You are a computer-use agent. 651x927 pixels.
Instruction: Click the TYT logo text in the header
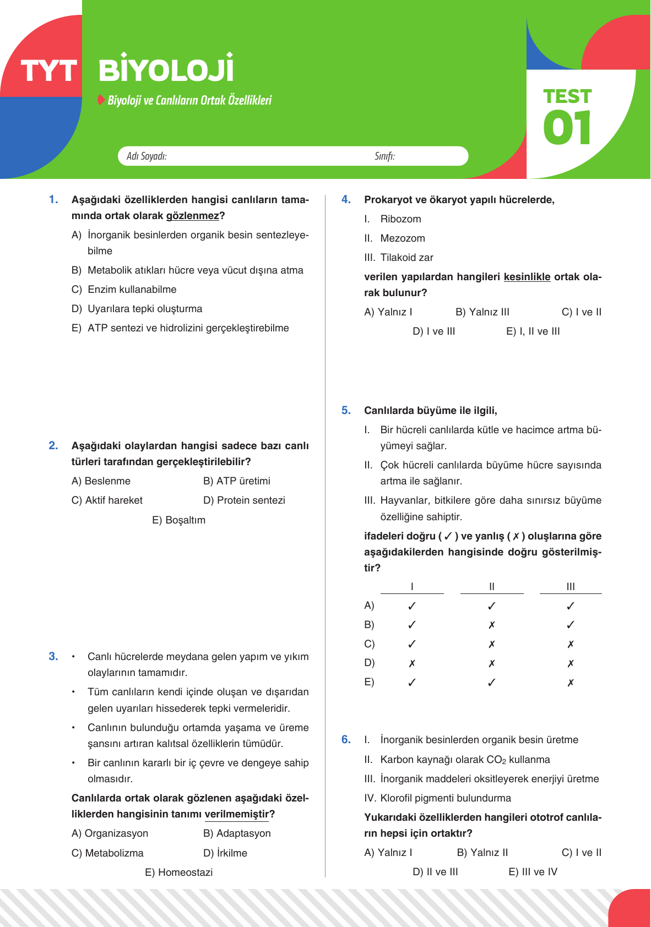point(48,71)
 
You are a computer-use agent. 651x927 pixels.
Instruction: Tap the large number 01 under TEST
point(567,128)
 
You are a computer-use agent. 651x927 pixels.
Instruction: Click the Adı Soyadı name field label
point(147,156)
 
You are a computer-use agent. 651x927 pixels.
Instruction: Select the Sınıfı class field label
point(384,156)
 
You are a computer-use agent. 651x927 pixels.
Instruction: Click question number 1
point(53,200)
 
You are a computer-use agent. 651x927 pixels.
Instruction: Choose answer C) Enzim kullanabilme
point(124,290)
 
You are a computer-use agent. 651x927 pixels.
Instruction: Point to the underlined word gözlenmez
point(192,216)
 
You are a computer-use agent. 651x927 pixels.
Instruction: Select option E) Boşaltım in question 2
point(178,520)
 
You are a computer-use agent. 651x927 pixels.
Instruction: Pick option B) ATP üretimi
point(237,481)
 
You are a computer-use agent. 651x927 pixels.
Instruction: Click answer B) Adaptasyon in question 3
point(237,833)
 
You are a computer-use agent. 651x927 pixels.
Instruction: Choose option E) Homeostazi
point(178,873)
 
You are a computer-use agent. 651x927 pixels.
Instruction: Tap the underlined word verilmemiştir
point(237,814)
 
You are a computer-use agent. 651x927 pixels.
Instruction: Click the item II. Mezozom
point(395,238)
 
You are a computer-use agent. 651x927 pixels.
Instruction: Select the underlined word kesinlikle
point(527,277)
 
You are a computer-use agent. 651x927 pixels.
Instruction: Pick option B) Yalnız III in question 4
point(482,312)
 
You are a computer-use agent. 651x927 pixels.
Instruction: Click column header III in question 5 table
point(571,587)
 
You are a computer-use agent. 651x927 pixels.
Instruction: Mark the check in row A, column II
point(492,606)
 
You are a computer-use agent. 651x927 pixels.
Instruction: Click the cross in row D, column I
point(412,663)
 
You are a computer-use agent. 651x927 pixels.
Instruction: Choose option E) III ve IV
point(533,872)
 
